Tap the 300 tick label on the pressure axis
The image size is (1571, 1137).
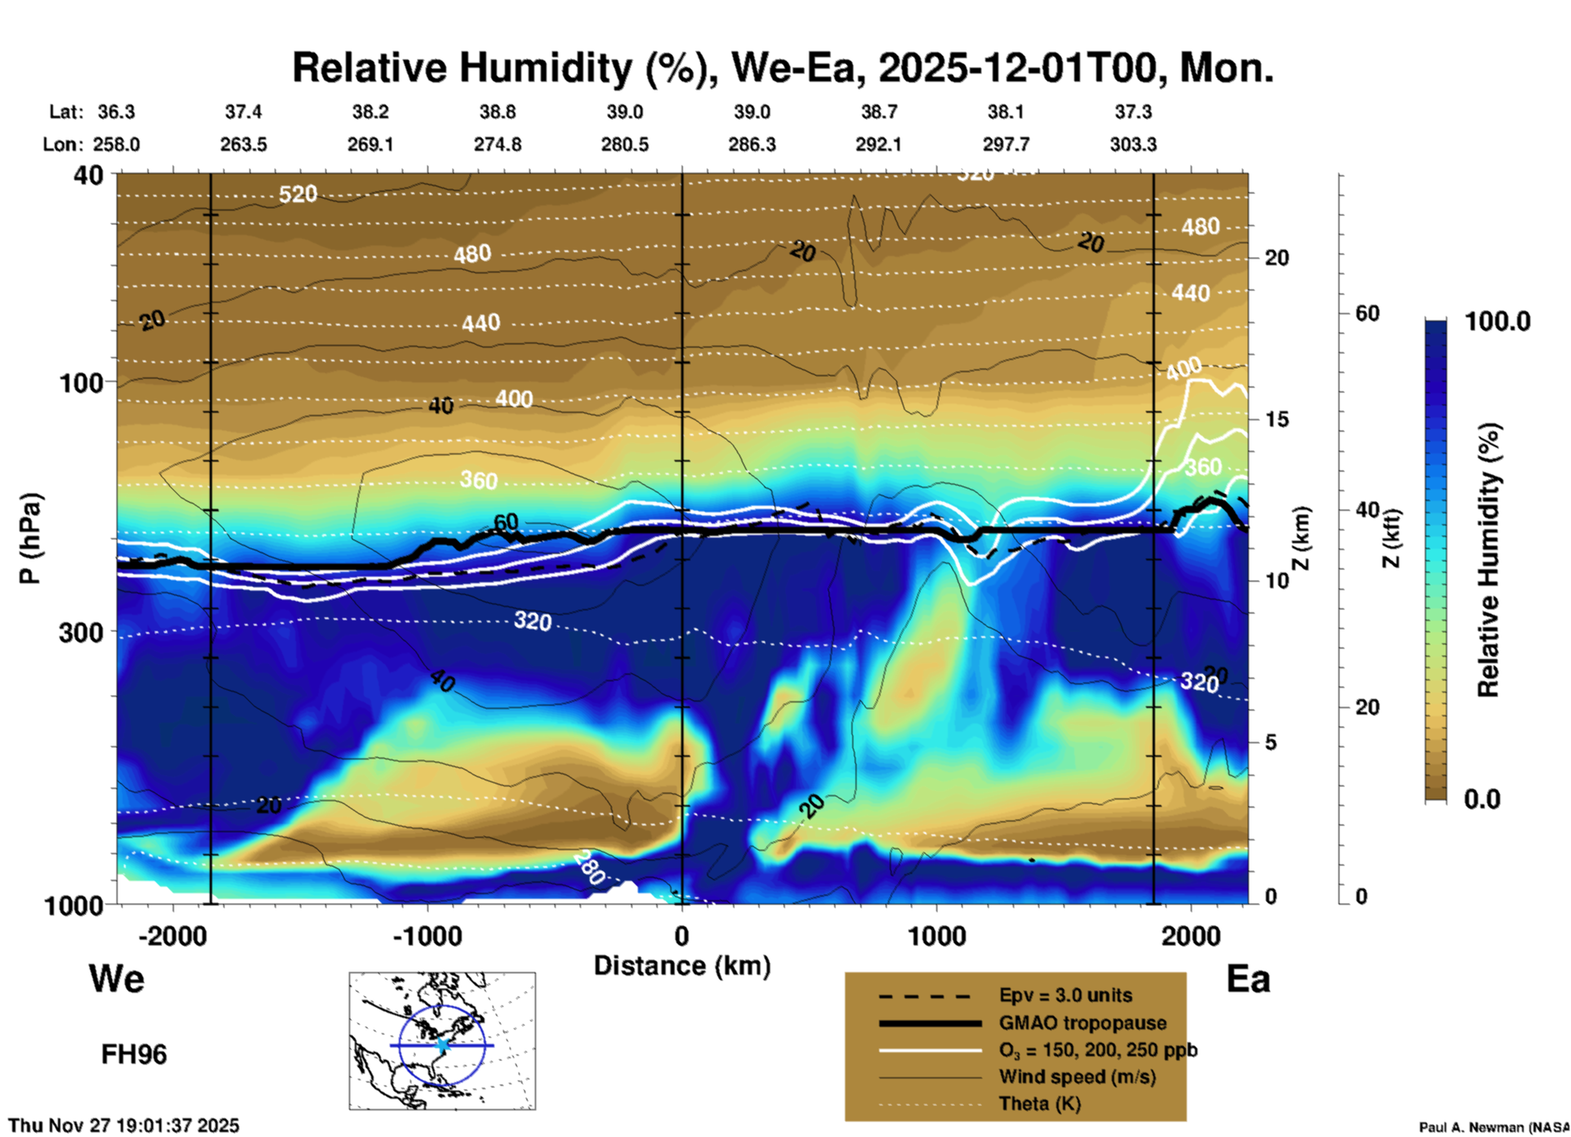[81, 632]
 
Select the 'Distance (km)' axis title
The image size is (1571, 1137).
[682, 966]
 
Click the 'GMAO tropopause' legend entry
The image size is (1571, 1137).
[1082, 1023]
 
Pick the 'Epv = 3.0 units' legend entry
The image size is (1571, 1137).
[1065, 995]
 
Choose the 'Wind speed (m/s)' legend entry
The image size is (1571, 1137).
[1077, 1077]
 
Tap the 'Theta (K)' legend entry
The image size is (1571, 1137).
[1039, 1104]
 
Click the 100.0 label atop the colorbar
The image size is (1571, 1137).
[1498, 321]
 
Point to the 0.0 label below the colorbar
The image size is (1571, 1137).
[1482, 799]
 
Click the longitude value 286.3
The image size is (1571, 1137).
[751, 144]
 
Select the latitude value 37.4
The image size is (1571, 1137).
[243, 112]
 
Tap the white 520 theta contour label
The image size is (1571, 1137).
[298, 194]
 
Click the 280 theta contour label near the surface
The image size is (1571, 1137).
[588, 867]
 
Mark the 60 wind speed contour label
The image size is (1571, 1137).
[506, 522]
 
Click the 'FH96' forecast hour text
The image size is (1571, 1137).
[134, 1055]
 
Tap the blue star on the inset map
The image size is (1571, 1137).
[442, 1045]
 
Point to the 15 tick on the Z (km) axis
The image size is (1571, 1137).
[1277, 419]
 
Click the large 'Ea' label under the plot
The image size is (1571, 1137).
[1248, 979]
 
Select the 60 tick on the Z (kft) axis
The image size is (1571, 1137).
[1367, 313]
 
